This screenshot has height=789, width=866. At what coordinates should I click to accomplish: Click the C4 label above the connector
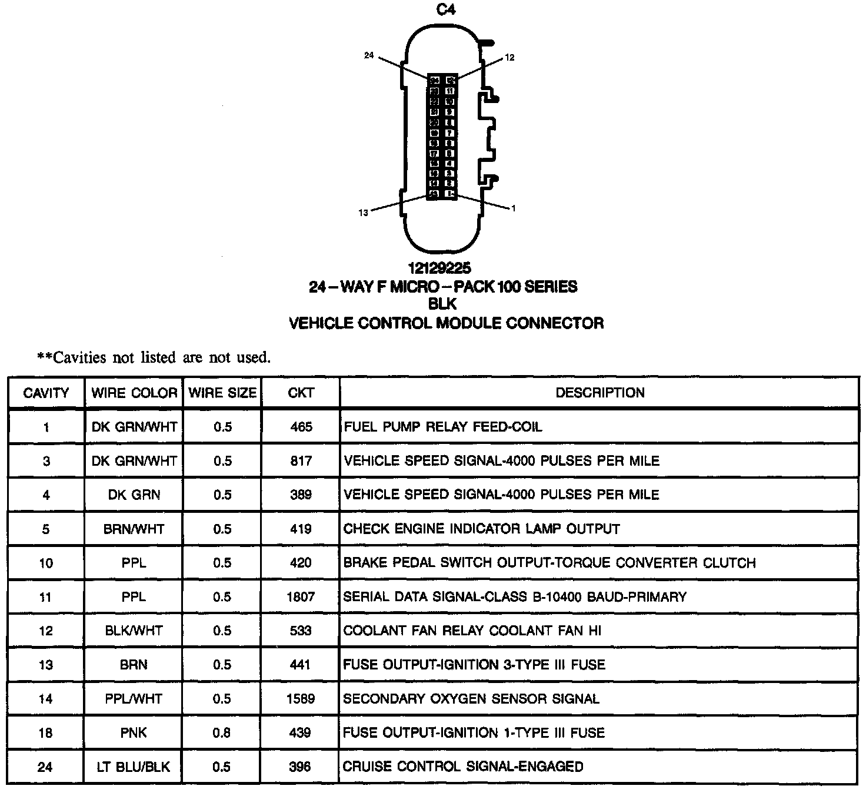click(x=445, y=10)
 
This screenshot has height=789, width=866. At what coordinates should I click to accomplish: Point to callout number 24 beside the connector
click(x=369, y=55)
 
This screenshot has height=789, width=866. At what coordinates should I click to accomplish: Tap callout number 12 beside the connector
click(x=509, y=57)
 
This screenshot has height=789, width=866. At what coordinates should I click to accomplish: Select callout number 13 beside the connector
click(x=363, y=213)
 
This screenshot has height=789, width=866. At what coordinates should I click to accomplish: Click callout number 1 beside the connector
click(x=514, y=208)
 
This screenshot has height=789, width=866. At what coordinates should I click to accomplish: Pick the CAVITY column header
click(x=46, y=393)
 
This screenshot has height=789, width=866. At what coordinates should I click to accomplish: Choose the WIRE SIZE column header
click(x=222, y=393)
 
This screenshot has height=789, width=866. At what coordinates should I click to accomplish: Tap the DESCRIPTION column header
click(x=599, y=393)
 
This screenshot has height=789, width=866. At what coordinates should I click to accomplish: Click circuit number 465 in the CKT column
click(x=301, y=427)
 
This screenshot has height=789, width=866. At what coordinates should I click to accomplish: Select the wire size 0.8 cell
click(x=222, y=733)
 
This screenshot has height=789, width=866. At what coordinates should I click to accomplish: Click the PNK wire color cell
click(x=134, y=733)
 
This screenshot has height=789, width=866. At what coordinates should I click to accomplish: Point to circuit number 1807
click(x=301, y=597)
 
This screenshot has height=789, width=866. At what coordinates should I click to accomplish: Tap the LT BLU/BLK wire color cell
click(x=134, y=767)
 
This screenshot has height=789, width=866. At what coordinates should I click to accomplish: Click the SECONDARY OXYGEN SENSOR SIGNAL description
click(x=471, y=699)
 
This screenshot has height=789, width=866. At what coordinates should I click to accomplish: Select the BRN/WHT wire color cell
click(x=134, y=529)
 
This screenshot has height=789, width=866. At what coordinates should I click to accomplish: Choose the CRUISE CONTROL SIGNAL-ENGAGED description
click(x=463, y=767)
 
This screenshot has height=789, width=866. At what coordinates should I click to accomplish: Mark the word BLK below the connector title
click(x=443, y=304)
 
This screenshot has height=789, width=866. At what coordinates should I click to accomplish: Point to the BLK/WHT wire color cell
click(x=134, y=631)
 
